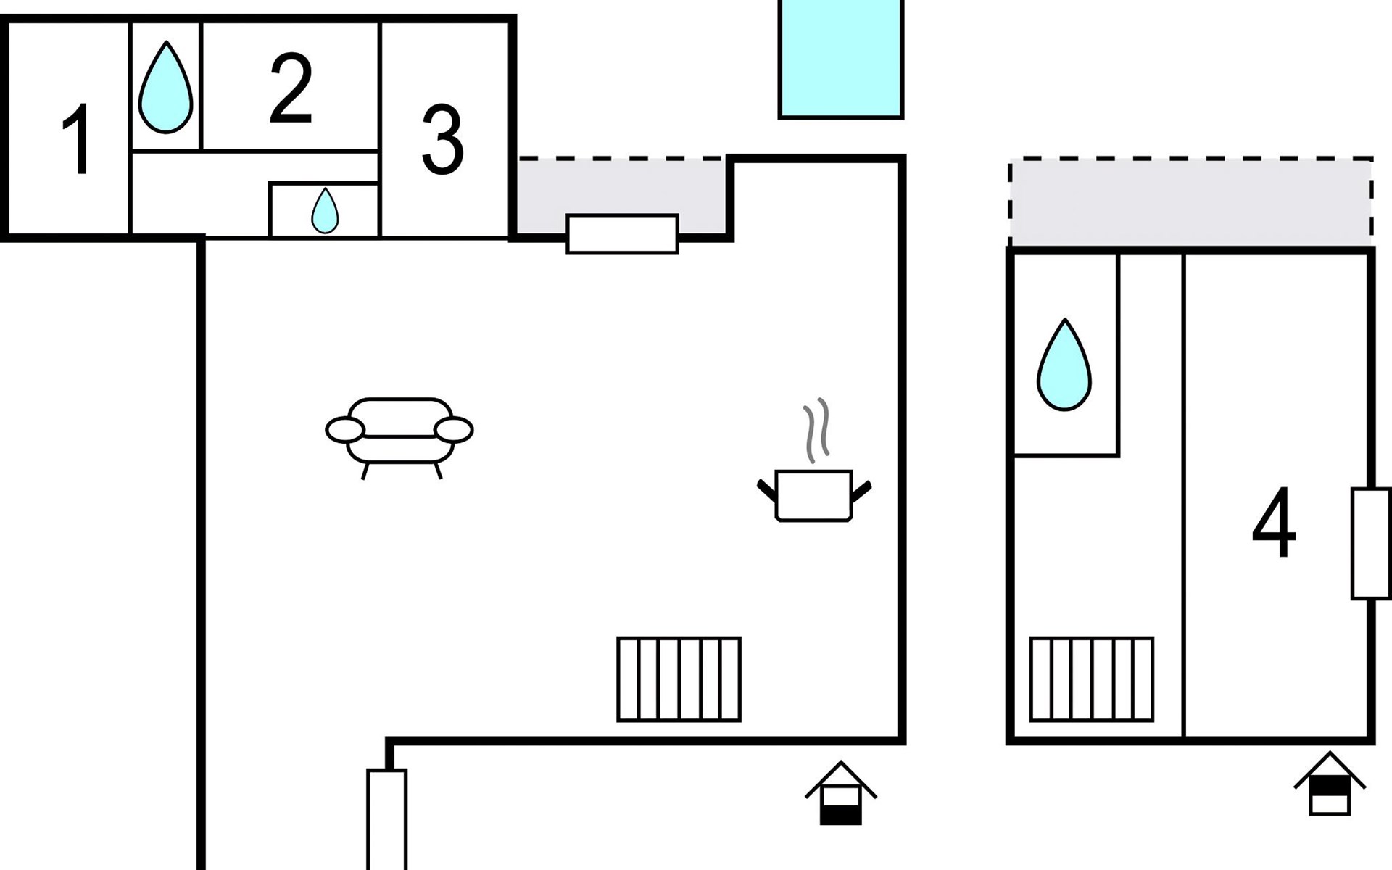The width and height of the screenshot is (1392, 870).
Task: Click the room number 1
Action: (x=77, y=138)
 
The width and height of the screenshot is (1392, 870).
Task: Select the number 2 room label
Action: (x=291, y=88)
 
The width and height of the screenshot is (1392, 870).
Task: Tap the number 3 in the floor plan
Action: (x=442, y=140)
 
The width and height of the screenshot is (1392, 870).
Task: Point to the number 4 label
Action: (x=1274, y=522)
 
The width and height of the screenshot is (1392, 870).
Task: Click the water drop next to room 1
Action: (x=166, y=87)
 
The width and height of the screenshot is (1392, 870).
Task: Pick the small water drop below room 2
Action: (x=325, y=211)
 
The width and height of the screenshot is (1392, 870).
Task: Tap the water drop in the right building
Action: (x=1064, y=365)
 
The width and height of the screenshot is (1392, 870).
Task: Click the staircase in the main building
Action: (x=679, y=679)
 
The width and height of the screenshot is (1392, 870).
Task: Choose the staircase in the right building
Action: (x=1092, y=679)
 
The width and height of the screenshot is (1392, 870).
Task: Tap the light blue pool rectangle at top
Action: (x=841, y=58)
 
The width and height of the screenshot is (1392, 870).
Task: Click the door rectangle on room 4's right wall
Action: (x=1371, y=544)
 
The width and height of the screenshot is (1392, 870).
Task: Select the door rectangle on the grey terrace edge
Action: (x=622, y=234)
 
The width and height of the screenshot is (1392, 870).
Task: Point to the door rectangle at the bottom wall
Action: (x=387, y=819)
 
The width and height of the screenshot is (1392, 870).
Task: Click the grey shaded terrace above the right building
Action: (x=1190, y=202)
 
